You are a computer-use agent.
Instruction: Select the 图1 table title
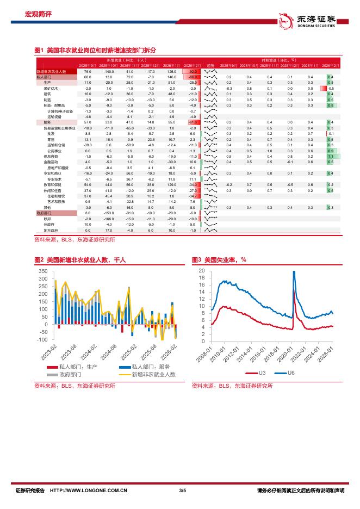(x=96, y=49)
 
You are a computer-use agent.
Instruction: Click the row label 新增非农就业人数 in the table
(x=51, y=72)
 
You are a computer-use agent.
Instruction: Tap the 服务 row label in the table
(x=47, y=123)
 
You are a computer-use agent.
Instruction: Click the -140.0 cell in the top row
(x=109, y=72)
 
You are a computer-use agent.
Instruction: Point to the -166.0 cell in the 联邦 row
(x=109, y=219)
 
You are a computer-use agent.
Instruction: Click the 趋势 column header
(x=210, y=65)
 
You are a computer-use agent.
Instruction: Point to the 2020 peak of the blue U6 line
(x=294, y=272)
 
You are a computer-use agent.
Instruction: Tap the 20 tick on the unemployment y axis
(x=202, y=270)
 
